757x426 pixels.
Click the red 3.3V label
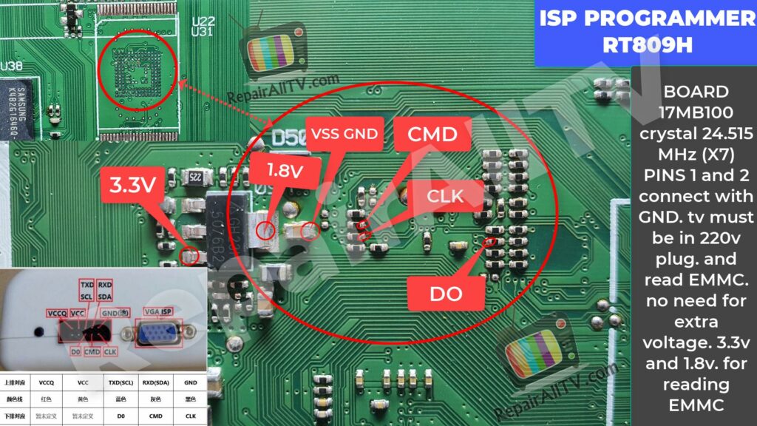point(133,185)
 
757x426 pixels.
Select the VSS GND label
point(344,135)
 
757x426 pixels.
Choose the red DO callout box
point(447,294)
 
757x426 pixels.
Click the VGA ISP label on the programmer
point(159,311)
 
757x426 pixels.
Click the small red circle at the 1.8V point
point(265,231)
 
